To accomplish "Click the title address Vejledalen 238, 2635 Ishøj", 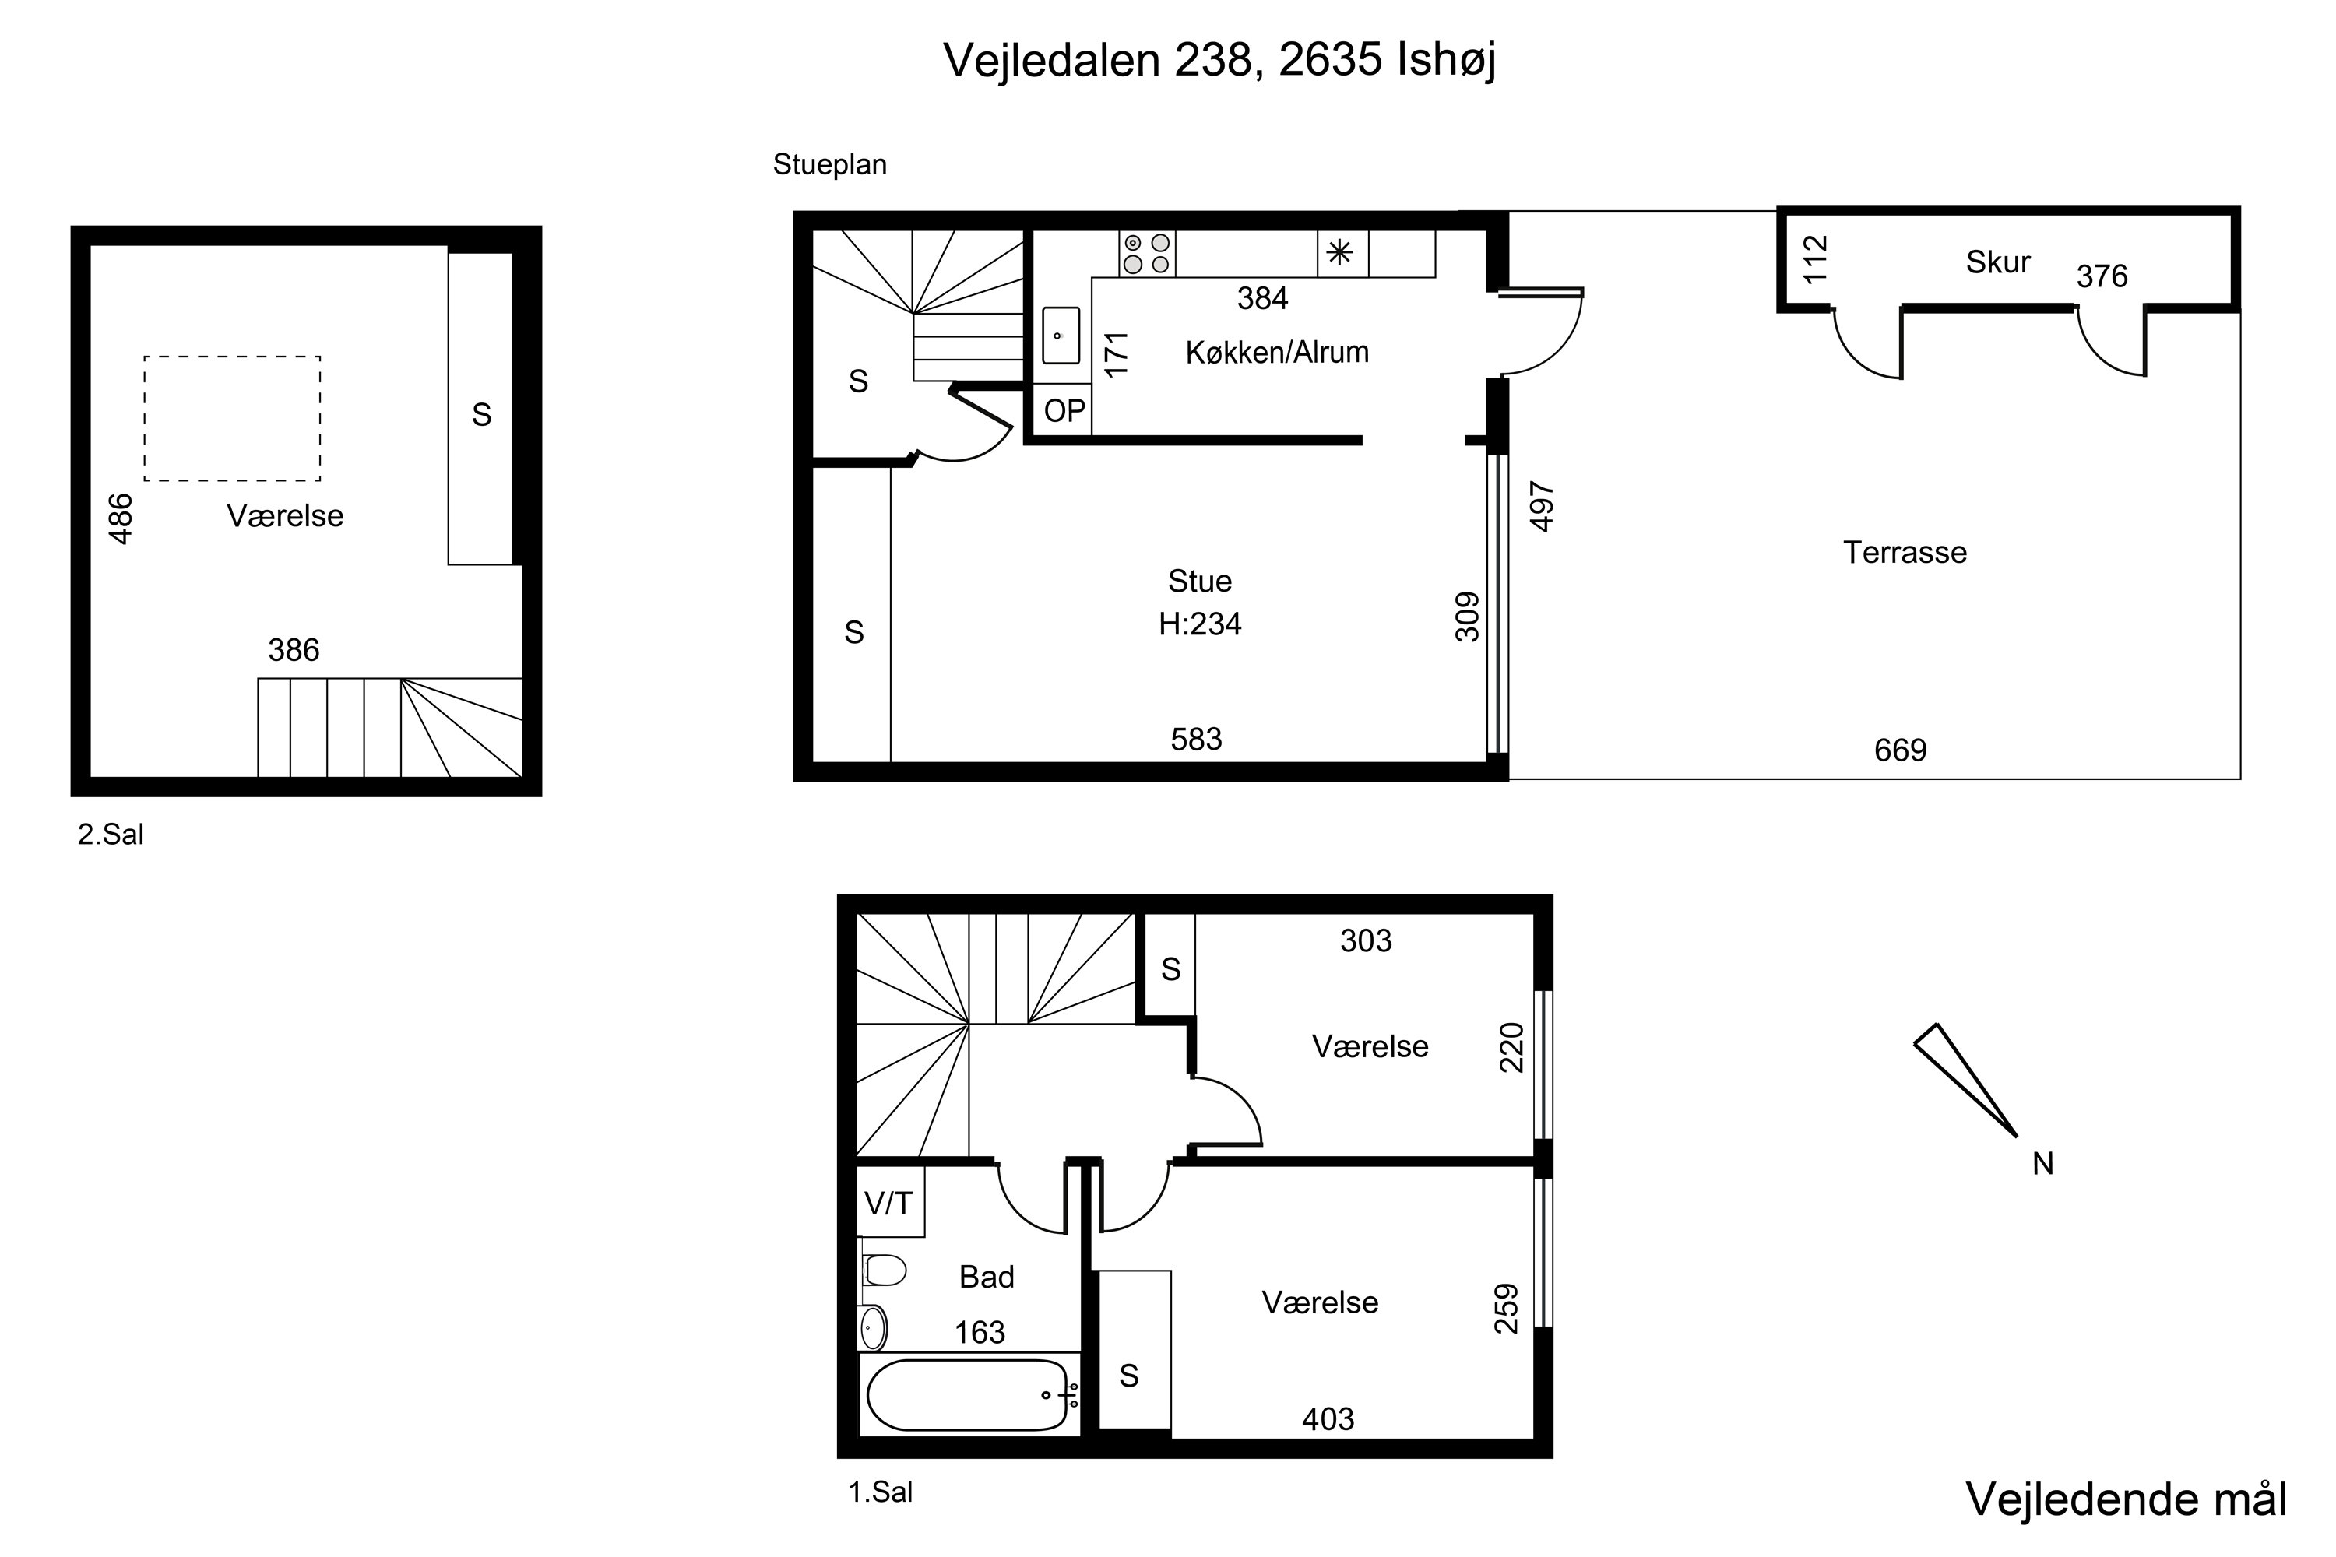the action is pyautogui.click(x=1219, y=61).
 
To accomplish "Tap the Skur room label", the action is pyautogui.click(x=1997, y=262).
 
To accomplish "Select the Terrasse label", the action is pyautogui.click(x=1904, y=552).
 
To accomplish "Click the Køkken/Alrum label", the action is pyautogui.click(x=1277, y=352).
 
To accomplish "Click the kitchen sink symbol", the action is pyautogui.click(x=1061, y=335).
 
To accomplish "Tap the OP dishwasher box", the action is pyautogui.click(x=1064, y=410).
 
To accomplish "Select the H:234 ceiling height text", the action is pyautogui.click(x=1200, y=624).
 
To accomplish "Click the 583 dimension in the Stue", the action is pyautogui.click(x=1196, y=739).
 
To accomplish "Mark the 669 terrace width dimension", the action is pyautogui.click(x=1900, y=750).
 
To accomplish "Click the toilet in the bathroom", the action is pyautogui.click(x=884, y=1270).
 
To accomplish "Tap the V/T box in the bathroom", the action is pyautogui.click(x=890, y=1203).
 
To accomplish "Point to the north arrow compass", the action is pyautogui.click(x=1965, y=1079).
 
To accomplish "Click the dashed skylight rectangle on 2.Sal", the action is pyautogui.click(x=232, y=418).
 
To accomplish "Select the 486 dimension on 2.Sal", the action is pyautogui.click(x=120, y=518).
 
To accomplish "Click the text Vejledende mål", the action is pyautogui.click(x=2127, y=1499).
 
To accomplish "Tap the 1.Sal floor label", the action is pyautogui.click(x=880, y=1492).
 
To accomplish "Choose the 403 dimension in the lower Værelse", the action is pyautogui.click(x=1328, y=1419).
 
